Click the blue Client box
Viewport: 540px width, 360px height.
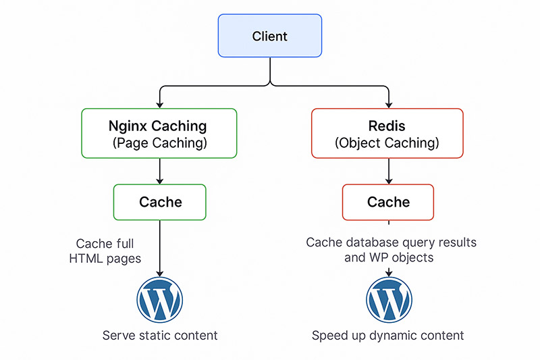tap(270, 36)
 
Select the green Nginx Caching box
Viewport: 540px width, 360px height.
tap(159, 133)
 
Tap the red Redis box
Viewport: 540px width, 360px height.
tap(387, 133)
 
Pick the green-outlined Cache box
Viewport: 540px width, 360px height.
tap(160, 202)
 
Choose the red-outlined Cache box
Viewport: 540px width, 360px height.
tap(388, 202)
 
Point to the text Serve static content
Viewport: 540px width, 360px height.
tap(160, 336)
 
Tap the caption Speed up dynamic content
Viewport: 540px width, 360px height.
tap(388, 336)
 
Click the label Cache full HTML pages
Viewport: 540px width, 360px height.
tap(105, 251)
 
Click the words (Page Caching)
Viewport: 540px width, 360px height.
tap(159, 143)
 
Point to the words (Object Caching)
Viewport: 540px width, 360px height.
tap(387, 143)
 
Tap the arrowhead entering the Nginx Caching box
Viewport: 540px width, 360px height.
tap(159, 103)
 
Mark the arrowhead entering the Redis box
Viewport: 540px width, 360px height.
tap(388, 103)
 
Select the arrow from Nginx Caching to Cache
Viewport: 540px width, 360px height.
tap(159, 171)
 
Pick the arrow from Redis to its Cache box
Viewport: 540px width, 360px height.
tap(388, 171)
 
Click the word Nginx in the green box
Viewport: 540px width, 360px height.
tap(129, 126)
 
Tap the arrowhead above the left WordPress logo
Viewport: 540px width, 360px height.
tap(159, 272)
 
